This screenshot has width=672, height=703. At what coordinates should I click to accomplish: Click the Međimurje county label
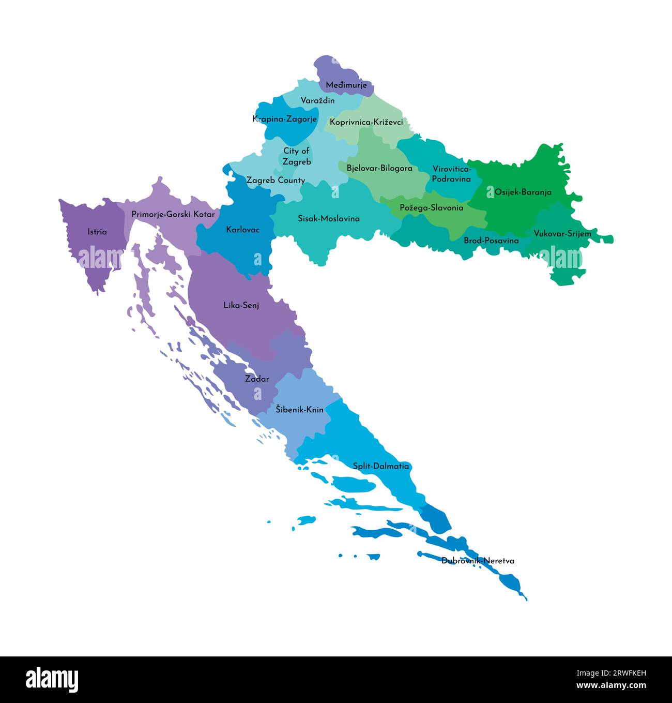[x=346, y=85]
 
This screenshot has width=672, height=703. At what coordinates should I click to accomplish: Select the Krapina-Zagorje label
[x=284, y=119]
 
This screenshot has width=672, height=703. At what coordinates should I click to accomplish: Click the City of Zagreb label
[x=296, y=156]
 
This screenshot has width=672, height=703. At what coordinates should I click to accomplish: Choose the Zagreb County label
[x=276, y=181]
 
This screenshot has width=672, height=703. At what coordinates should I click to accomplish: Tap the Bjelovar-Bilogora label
[x=379, y=168]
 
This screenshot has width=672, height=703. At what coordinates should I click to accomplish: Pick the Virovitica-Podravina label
[x=452, y=174]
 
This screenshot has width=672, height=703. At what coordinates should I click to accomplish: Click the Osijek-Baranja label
[x=523, y=192]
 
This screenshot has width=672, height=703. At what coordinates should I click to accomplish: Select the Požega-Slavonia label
[x=431, y=207]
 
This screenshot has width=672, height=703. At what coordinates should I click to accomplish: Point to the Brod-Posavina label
[x=491, y=241]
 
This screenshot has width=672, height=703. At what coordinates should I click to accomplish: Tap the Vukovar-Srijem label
[x=562, y=233]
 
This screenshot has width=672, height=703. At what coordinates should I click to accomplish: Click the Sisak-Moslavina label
[x=329, y=218]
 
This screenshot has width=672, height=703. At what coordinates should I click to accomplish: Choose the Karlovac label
[x=243, y=229]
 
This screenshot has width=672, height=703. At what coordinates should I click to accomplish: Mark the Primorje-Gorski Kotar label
[x=173, y=214]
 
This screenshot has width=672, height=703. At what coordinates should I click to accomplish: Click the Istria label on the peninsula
[x=97, y=232]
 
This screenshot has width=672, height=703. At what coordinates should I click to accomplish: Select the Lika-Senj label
[x=241, y=305]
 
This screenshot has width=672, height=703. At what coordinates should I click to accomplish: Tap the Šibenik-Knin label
[x=299, y=409]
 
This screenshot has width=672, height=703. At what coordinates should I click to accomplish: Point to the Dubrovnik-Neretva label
[x=478, y=561]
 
